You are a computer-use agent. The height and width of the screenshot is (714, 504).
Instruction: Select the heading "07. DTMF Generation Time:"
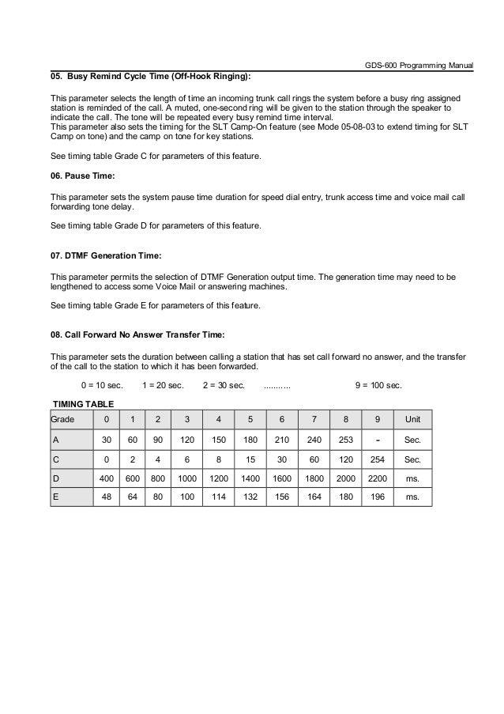tap(105, 255)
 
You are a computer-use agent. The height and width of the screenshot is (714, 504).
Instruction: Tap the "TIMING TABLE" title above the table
tap(83, 403)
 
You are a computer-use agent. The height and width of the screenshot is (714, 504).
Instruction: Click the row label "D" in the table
tap(55, 478)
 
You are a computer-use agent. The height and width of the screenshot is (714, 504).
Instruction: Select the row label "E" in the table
tap(55, 498)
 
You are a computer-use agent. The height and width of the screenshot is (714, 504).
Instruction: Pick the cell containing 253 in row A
tap(345, 439)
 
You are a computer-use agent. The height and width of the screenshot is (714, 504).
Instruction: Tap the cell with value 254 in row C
tap(377, 459)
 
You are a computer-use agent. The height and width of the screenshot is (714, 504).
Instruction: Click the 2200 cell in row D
tap(378, 478)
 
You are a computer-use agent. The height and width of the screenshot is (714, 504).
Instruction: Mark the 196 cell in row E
tap(377, 498)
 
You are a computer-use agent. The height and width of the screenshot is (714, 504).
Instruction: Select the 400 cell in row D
tap(105, 478)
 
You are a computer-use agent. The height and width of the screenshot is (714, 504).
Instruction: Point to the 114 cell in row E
tap(219, 498)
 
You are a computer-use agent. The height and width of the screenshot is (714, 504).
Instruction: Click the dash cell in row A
tap(377, 438)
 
